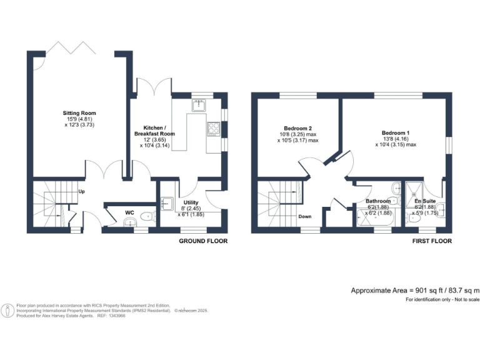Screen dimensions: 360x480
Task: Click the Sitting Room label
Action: pos(83,113)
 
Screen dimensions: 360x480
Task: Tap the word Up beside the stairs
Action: pos(81,192)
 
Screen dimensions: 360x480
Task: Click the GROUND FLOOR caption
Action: pos(203,241)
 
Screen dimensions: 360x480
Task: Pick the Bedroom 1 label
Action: pos(396,132)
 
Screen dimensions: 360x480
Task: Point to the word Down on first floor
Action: pos(304,217)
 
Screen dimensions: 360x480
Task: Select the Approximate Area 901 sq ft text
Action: pos(415,291)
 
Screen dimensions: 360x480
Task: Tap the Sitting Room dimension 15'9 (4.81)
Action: pos(83,119)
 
